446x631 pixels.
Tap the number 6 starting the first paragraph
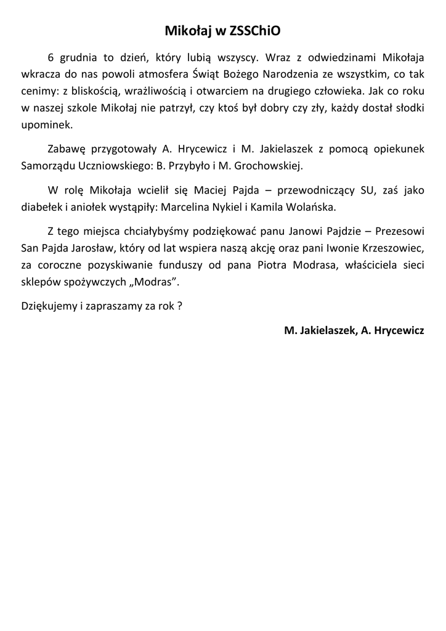pos(51,59)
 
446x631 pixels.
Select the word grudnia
pos(79,59)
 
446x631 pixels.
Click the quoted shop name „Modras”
pos(159,281)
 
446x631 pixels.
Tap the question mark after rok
pos(179,306)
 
